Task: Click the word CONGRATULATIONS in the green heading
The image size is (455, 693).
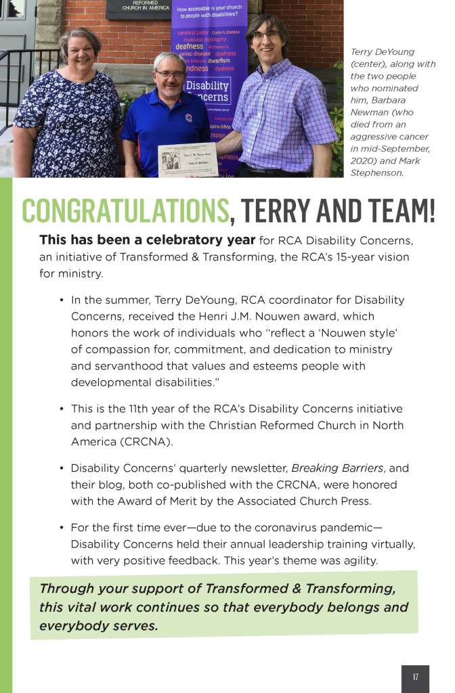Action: tap(125, 210)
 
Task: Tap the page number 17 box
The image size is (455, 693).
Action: tap(415, 677)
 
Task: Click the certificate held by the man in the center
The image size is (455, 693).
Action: tap(188, 160)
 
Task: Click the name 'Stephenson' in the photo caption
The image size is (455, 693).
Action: tap(376, 173)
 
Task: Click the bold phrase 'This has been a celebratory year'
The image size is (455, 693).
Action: tap(147, 240)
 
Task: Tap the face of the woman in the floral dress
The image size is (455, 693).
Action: tap(79, 51)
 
